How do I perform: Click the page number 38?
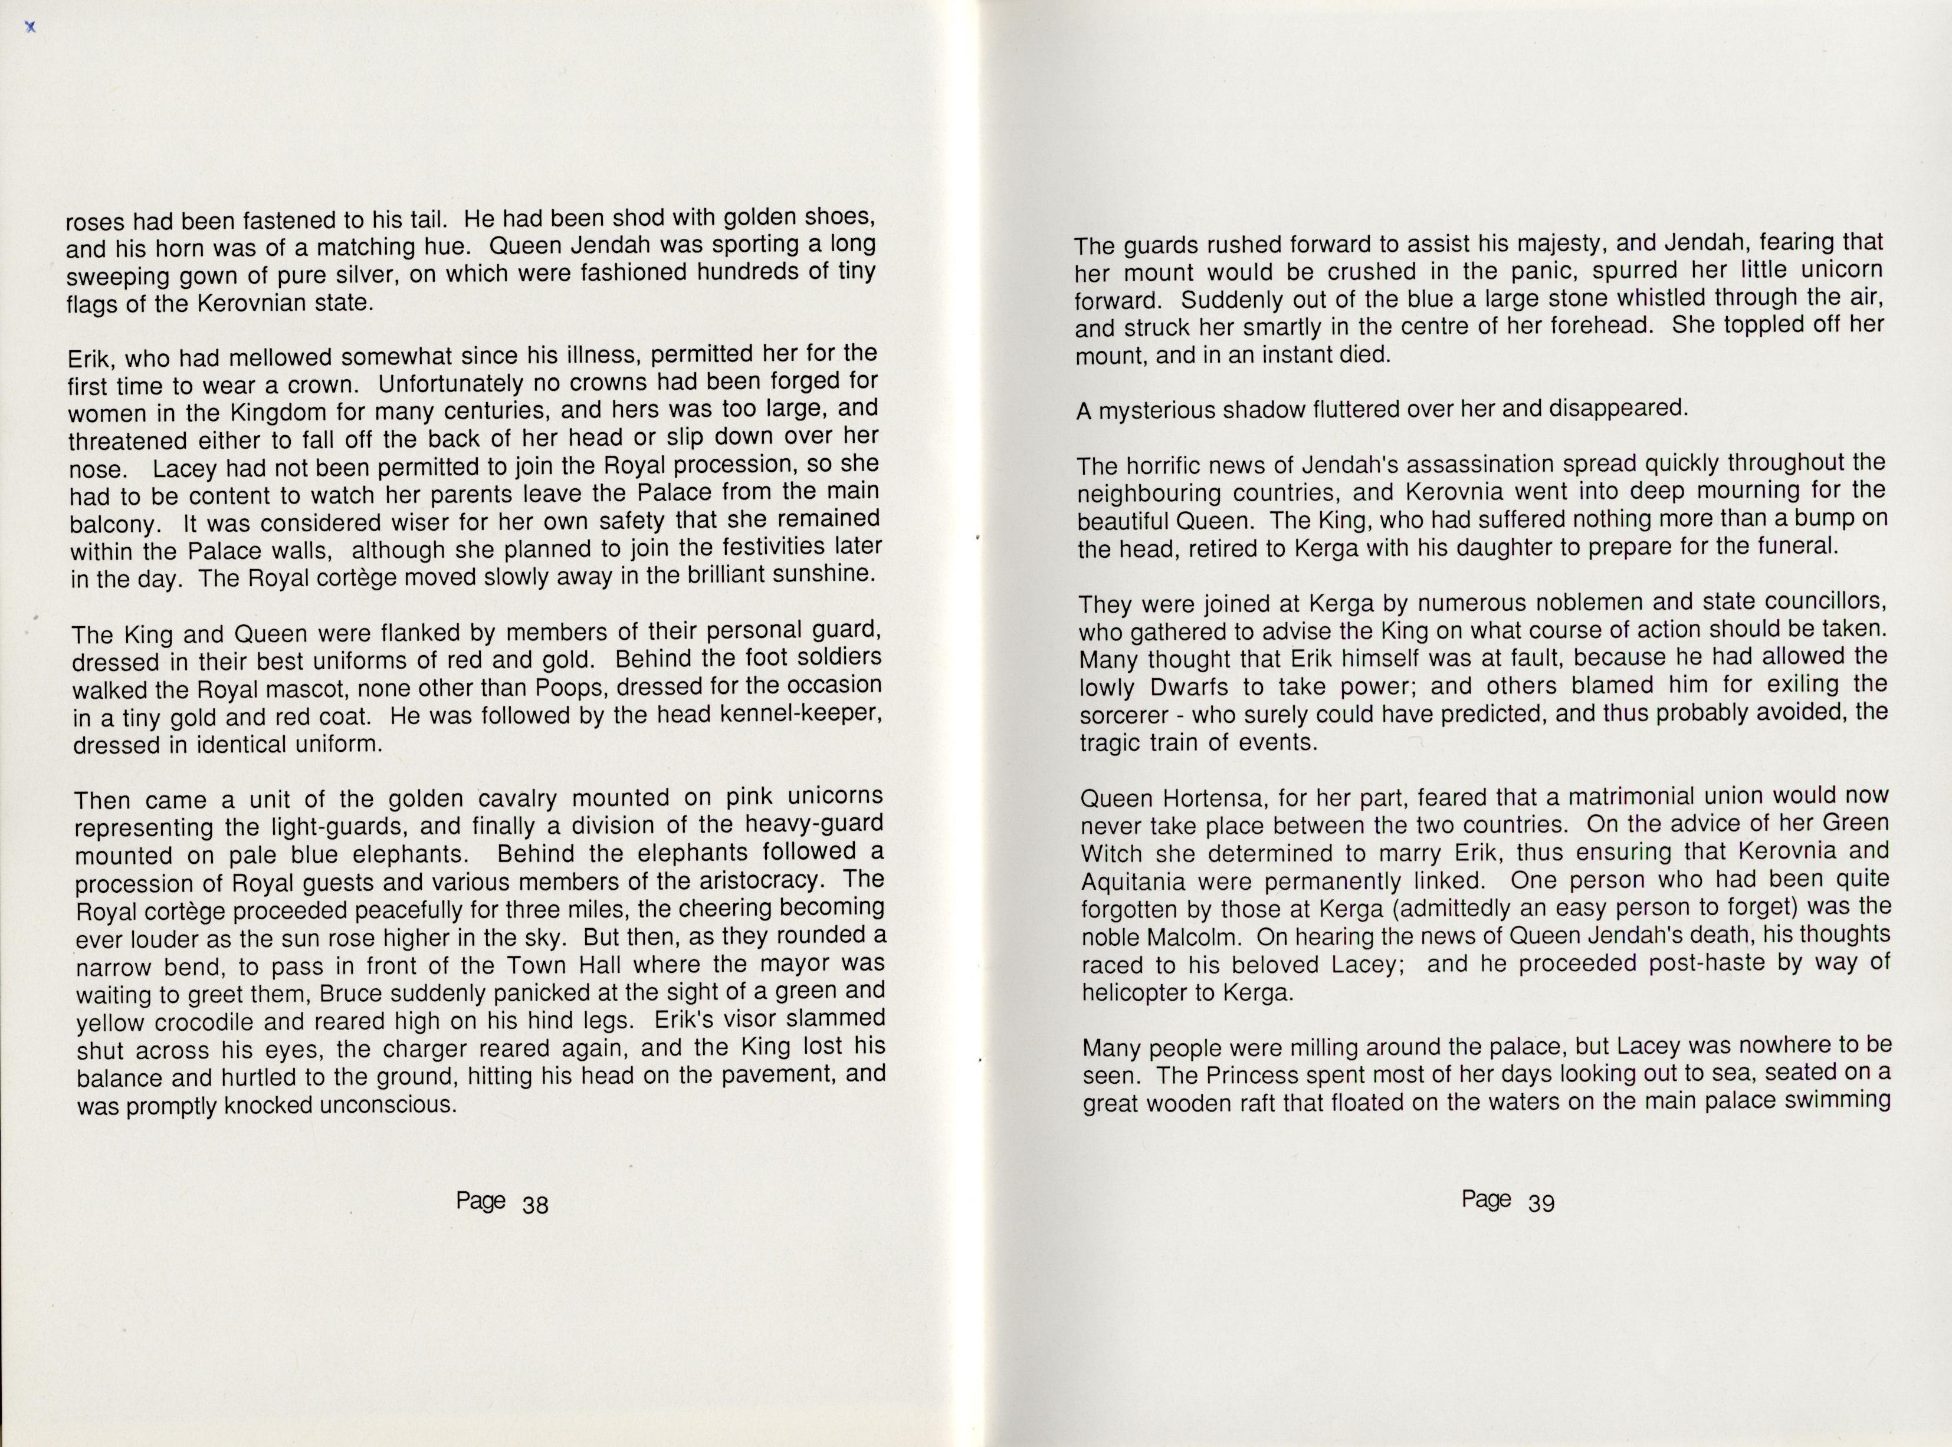point(535,1205)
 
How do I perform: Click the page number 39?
point(1541,1203)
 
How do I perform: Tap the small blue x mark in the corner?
point(31,27)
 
